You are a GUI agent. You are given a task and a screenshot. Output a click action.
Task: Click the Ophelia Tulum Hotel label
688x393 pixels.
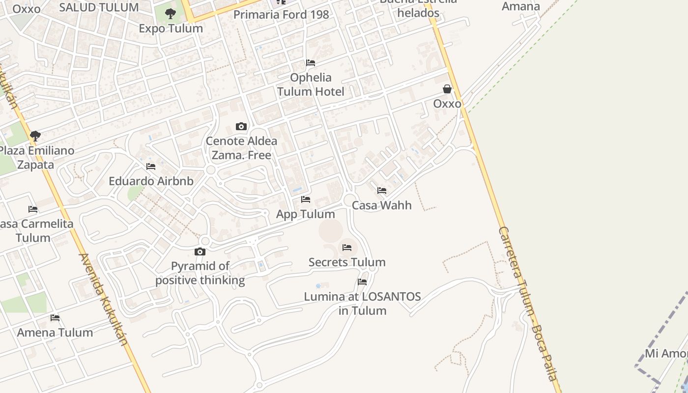pos(311,84)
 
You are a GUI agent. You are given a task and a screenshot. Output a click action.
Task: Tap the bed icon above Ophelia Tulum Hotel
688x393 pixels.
pos(311,63)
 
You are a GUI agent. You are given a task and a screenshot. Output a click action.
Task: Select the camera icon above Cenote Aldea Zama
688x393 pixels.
pos(241,127)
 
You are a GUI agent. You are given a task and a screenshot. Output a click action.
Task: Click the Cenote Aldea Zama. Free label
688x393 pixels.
pos(241,148)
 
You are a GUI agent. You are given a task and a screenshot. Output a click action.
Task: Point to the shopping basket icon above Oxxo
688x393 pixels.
pos(447,89)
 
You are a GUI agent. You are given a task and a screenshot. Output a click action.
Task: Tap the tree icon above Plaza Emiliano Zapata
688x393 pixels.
pos(35,136)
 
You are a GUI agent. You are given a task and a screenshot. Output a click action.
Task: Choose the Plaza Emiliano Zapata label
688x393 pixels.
pos(36,158)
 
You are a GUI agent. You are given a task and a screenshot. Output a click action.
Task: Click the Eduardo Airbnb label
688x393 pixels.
pos(151,181)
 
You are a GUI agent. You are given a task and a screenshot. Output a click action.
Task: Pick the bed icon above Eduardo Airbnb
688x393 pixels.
pos(151,167)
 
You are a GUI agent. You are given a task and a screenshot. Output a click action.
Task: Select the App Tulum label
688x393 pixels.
pos(305,214)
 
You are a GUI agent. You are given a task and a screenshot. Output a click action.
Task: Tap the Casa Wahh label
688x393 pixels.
pos(382,205)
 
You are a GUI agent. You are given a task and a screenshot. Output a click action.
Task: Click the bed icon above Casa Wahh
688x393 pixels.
pos(382,191)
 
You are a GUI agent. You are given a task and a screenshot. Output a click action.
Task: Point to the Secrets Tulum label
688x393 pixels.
pos(347,262)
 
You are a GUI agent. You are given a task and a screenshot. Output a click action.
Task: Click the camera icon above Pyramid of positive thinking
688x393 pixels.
pos(200,252)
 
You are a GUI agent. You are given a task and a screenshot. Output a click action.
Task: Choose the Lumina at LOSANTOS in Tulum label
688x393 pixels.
pos(362,304)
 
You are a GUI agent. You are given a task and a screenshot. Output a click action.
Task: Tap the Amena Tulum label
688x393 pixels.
pos(55,333)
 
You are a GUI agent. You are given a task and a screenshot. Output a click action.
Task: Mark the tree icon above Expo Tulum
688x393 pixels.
pos(171,14)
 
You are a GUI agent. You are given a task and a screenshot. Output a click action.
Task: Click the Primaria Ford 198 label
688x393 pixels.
pos(281,15)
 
